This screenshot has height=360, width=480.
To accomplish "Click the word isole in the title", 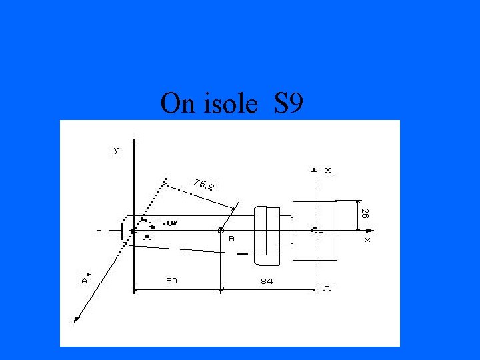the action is pyautogui.click(x=230, y=103).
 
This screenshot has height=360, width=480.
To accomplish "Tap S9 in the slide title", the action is pyautogui.click(x=289, y=103).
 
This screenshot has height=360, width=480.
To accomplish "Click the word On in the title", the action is pyautogui.click(x=177, y=103).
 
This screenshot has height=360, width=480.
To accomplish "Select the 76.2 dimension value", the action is pyautogui.click(x=204, y=185).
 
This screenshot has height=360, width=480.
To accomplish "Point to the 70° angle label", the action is pyautogui.click(x=169, y=223).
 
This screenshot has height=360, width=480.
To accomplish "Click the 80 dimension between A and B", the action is pyautogui.click(x=172, y=280).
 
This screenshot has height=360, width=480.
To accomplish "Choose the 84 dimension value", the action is pyautogui.click(x=266, y=281).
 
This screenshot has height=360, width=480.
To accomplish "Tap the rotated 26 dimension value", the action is pyautogui.click(x=365, y=214).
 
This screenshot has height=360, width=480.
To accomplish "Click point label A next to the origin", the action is pyautogui.click(x=147, y=237).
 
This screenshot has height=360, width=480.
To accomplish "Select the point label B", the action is pyautogui.click(x=231, y=239).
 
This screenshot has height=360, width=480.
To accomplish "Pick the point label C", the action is pyautogui.click(x=321, y=235).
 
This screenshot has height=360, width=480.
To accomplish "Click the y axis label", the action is pyautogui.click(x=116, y=150).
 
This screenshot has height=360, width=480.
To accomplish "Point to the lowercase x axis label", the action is pyautogui.click(x=367, y=240).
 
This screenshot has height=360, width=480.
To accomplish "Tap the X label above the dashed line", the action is pyautogui.click(x=327, y=171).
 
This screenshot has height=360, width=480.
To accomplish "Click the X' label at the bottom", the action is pyautogui.click(x=328, y=288).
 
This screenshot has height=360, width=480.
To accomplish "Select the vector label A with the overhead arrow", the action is pyautogui.click(x=85, y=279).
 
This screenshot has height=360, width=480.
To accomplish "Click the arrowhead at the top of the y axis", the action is pyautogui.click(x=134, y=141).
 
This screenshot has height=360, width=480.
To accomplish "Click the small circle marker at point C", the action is pyautogui.click(x=315, y=231).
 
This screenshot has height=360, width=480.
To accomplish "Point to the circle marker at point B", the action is pyautogui.click(x=221, y=230).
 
